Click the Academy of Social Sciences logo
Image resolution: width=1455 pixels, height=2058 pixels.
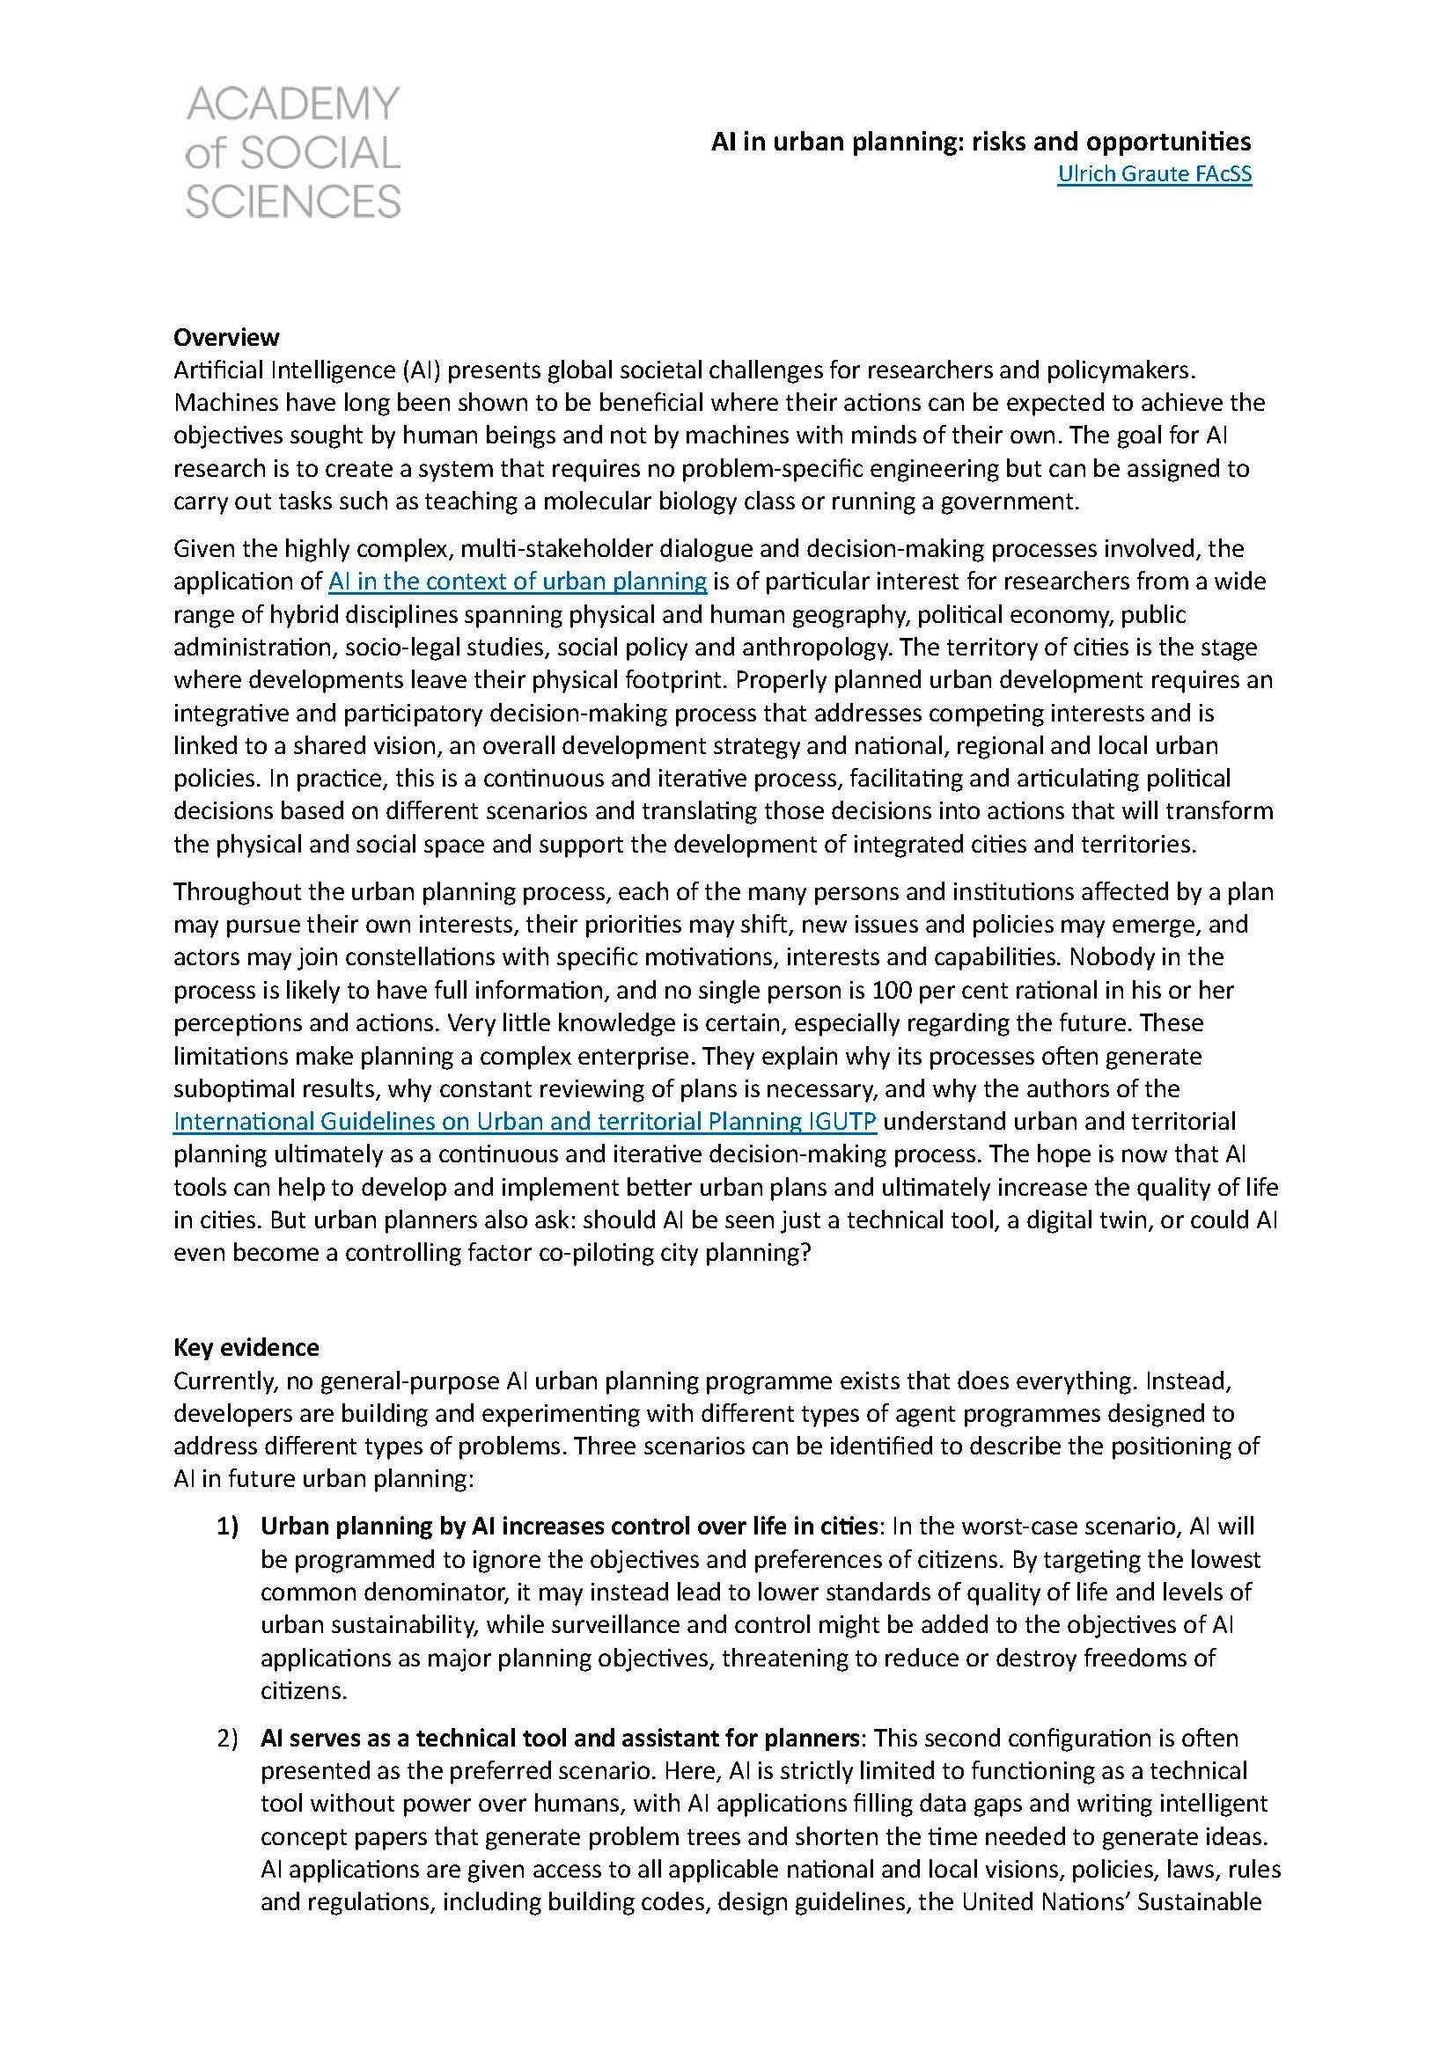pyautogui.click(x=292, y=153)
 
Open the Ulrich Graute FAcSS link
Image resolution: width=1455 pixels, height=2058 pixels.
pyautogui.click(x=1154, y=174)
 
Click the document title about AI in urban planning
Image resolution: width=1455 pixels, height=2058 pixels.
pyautogui.click(x=981, y=142)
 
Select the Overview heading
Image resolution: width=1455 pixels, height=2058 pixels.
pyautogui.click(x=226, y=337)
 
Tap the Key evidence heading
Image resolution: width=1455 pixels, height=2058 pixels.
pyautogui.click(x=246, y=1347)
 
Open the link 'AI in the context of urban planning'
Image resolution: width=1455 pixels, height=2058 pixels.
pyautogui.click(x=518, y=581)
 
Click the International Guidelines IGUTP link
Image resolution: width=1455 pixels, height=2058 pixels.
pyautogui.click(x=525, y=1121)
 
